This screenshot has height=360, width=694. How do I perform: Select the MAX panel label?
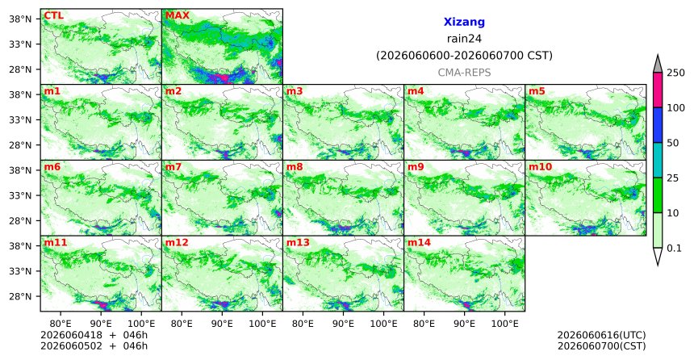(x=177, y=16)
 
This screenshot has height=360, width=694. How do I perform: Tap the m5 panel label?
(x=537, y=92)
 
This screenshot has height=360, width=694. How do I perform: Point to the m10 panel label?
(x=540, y=167)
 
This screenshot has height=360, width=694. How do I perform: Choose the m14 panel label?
(x=419, y=243)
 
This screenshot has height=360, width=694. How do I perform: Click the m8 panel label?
(x=295, y=167)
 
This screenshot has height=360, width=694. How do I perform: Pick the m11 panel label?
(x=56, y=243)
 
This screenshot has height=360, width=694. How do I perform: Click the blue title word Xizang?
(x=464, y=22)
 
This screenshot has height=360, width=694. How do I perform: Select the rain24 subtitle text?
(x=464, y=39)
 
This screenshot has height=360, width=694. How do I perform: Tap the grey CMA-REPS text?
(x=464, y=73)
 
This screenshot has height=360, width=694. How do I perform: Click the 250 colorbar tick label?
(x=676, y=73)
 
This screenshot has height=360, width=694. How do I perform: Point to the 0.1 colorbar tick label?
(x=674, y=248)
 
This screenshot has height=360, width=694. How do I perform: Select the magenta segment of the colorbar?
(x=658, y=90)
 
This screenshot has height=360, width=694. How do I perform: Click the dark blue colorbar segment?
(x=658, y=125)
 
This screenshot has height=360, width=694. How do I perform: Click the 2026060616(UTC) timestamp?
(x=601, y=335)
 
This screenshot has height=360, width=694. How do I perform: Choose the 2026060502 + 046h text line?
(x=94, y=345)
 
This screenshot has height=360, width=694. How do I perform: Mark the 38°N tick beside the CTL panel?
(x=20, y=19)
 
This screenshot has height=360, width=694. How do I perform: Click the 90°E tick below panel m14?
(x=464, y=324)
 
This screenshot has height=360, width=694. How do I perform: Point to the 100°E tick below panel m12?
(x=262, y=324)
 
